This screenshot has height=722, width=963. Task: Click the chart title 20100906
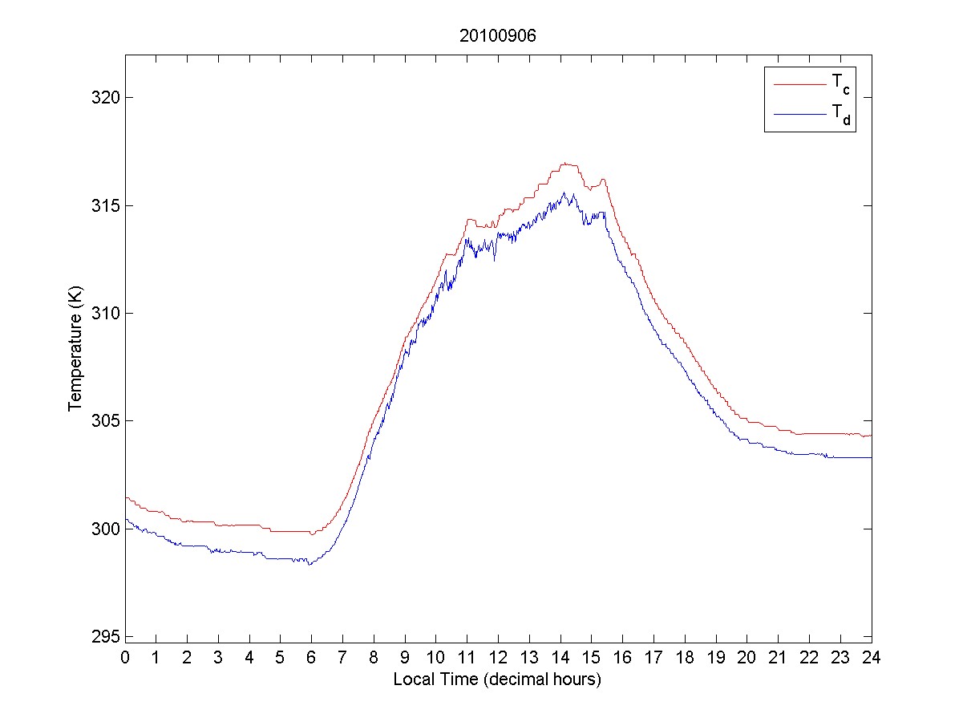click(497, 36)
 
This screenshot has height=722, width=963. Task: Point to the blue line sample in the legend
click(799, 116)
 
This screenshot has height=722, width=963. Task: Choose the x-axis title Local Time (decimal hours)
click(497, 679)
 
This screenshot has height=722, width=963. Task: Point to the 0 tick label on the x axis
click(125, 658)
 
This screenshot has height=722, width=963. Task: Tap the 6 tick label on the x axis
click(311, 658)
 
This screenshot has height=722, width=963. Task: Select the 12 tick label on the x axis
click(498, 658)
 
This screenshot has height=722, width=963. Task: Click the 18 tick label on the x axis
click(685, 658)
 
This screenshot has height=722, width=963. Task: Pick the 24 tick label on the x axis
click(871, 658)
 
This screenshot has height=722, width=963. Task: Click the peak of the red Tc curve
click(565, 163)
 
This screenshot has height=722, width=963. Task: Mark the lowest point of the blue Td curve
click(309, 565)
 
